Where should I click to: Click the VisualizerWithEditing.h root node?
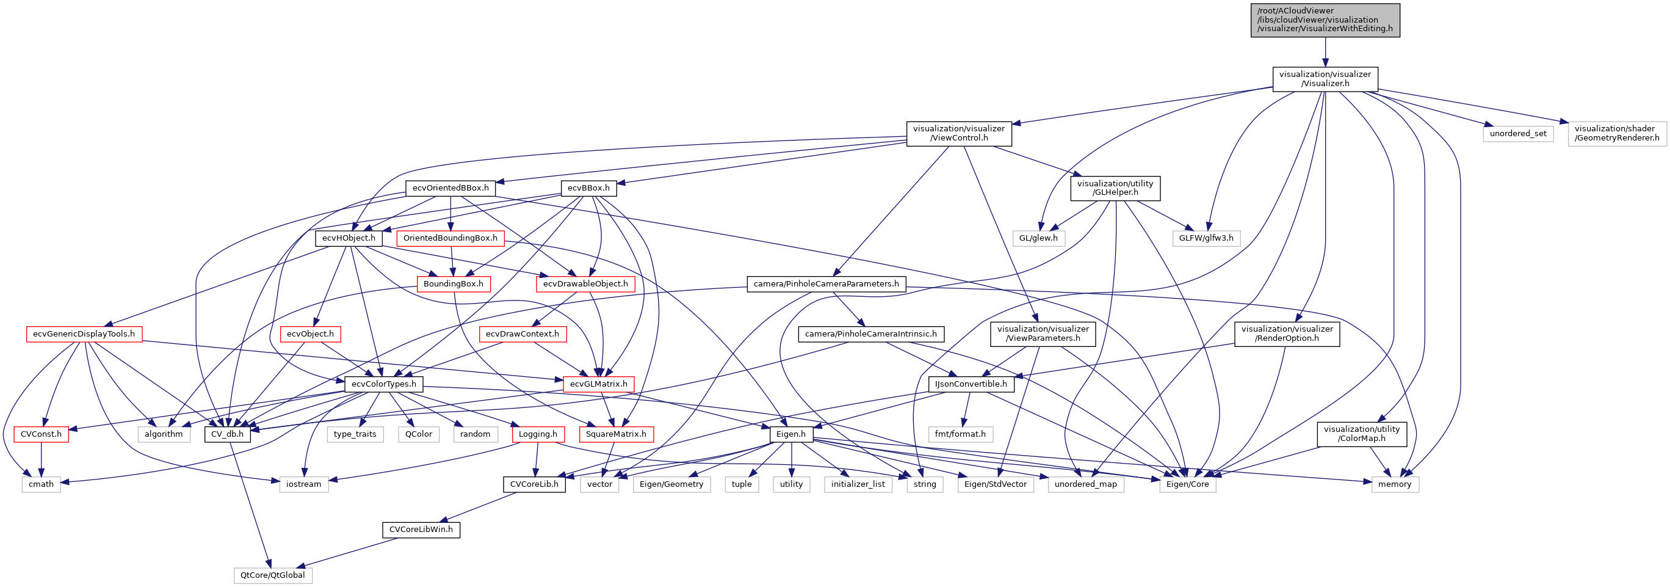point(1325,20)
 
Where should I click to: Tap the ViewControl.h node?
point(958,134)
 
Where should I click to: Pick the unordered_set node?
point(1517,134)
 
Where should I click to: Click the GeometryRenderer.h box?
point(1617,134)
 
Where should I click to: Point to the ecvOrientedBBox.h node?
point(450,188)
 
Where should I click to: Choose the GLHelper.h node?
point(1115,188)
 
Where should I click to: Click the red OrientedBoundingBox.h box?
point(450,238)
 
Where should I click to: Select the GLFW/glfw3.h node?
point(1206,238)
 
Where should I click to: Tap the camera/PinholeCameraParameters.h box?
point(826,284)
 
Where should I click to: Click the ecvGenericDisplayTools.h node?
point(84,334)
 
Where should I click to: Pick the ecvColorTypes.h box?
point(384,384)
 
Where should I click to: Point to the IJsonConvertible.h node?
point(971,384)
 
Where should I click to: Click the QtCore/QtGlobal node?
point(272,575)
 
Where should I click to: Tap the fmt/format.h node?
point(960,434)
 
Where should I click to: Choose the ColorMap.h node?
point(1361,434)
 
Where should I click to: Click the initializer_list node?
point(858,484)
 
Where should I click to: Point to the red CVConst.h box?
point(41,434)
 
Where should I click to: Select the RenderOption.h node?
point(1287,334)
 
